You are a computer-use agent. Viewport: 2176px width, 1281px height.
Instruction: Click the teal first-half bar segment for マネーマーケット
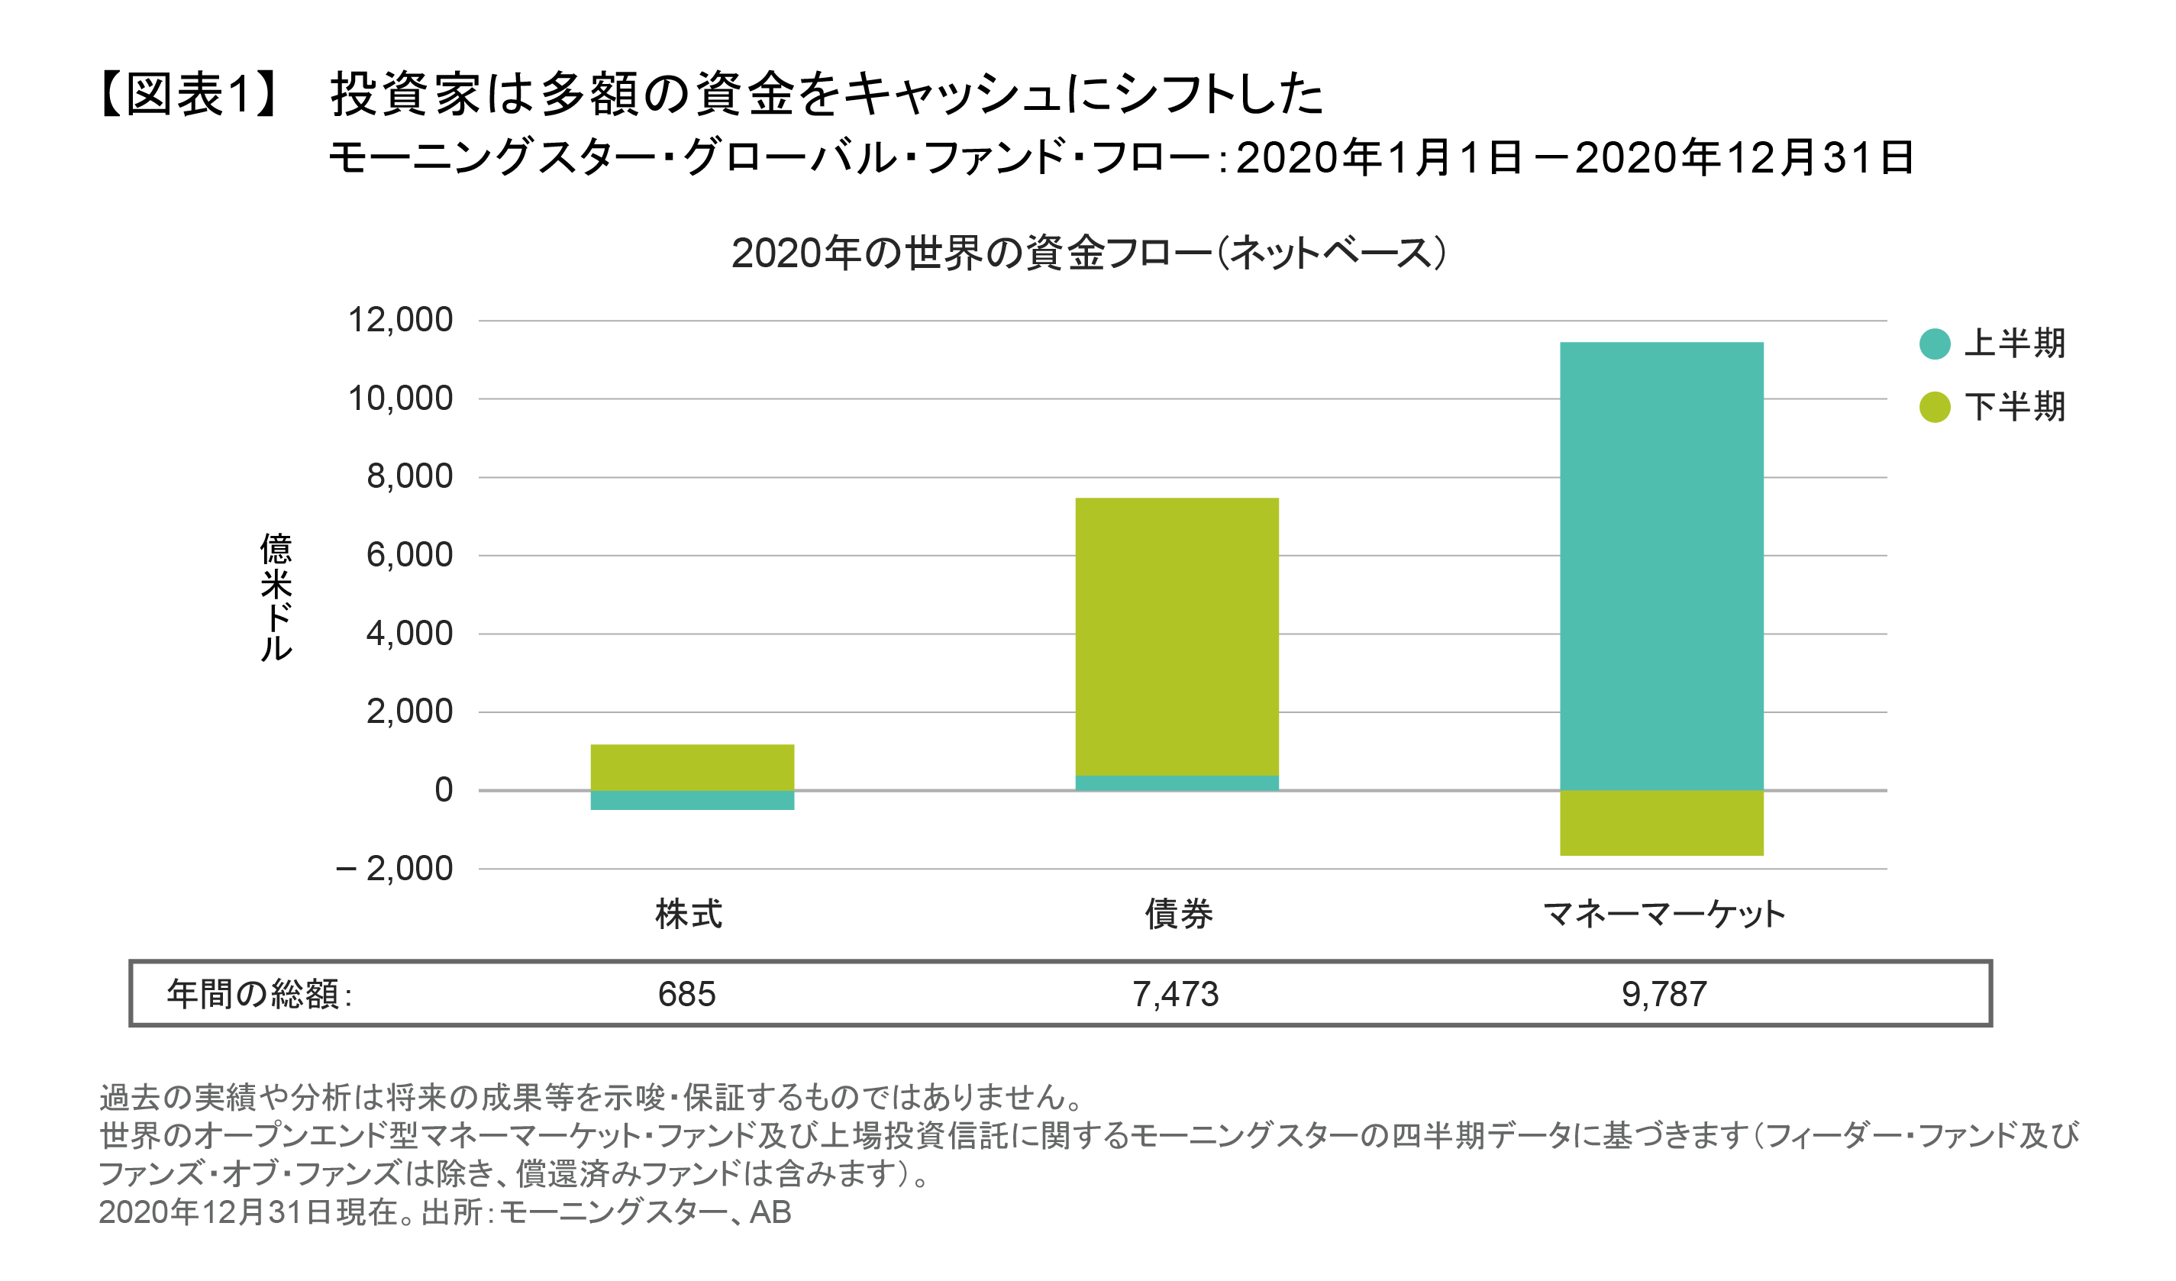1661,566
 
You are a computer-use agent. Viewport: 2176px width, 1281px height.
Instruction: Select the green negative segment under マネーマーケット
1661,823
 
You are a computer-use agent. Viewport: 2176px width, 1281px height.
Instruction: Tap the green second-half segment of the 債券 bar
1177,637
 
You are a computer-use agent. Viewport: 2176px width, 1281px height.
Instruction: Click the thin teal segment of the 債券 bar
1177,783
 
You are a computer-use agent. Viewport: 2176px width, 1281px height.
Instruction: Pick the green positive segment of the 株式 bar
693,766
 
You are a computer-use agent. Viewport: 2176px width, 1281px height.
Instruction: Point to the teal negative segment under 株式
693,800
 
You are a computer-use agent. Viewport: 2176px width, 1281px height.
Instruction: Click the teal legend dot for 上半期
1935,344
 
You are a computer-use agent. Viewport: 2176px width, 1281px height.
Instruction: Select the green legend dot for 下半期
1935,407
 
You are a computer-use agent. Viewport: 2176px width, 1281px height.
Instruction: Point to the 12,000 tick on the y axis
400,321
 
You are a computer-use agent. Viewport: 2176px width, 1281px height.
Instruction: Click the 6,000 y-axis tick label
409,555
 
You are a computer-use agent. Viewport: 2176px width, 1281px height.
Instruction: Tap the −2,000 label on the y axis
395,869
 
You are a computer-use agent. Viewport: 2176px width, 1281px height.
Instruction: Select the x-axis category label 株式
688,914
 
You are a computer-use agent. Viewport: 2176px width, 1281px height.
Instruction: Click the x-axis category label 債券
1179,914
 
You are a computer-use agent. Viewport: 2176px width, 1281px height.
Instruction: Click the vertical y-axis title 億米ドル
276,597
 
